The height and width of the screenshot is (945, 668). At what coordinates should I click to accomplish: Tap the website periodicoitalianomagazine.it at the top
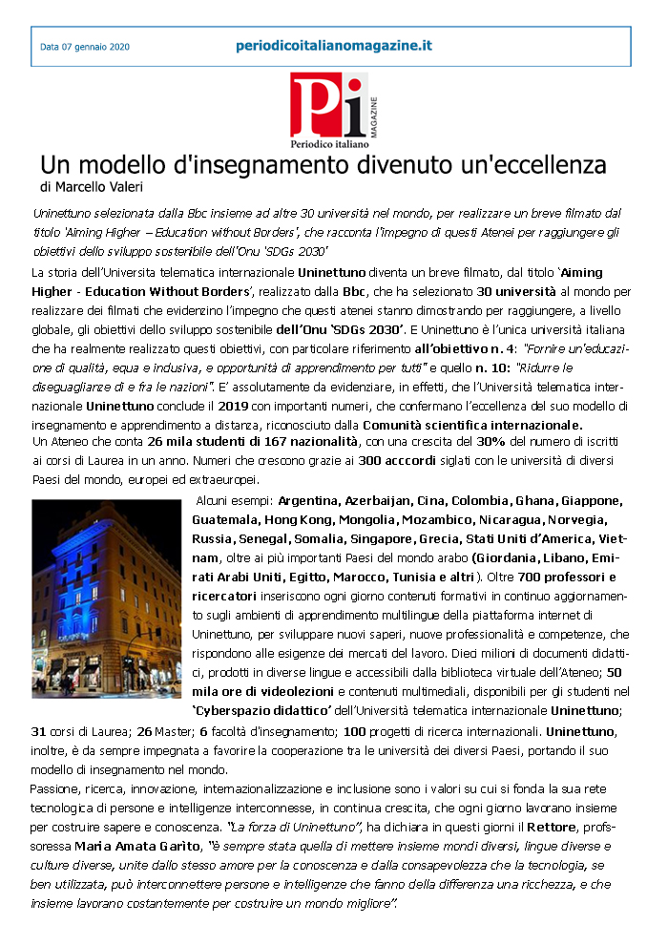334,45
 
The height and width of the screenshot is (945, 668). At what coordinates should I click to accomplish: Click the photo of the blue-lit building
107,598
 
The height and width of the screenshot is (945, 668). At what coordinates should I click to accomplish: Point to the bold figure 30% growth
492,442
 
